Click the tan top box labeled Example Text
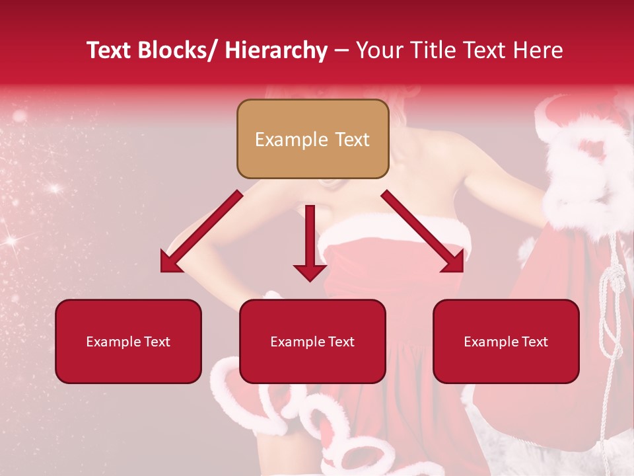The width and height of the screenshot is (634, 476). click(312, 139)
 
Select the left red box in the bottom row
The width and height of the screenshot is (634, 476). click(128, 341)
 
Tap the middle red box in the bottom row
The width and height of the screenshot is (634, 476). click(312, 341)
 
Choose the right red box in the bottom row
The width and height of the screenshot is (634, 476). click(506, 341)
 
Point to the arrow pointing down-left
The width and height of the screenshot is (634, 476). click(201, 232)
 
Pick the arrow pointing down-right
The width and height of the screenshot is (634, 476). click(423, 232)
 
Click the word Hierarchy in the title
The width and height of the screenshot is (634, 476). click(275, 50)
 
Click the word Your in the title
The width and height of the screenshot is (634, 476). click(379, 50)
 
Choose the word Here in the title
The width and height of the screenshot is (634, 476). click(540, 50)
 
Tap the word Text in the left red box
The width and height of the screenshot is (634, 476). click(157, 342)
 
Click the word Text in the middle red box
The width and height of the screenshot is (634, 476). click(341, 342)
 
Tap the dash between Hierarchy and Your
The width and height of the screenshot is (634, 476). click(341, 51)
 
